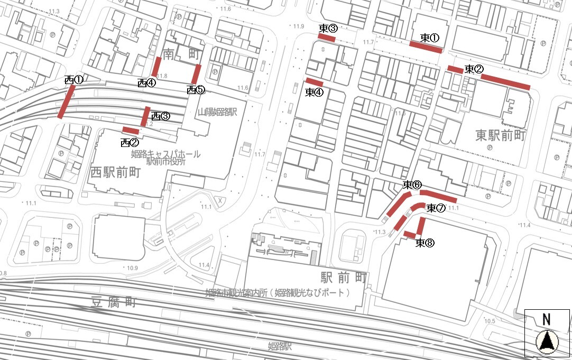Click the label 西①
73,80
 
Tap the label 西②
130,142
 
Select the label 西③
160,116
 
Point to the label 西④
146,82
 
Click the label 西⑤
196,90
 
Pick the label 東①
430,38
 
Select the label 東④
315,92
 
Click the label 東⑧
425,243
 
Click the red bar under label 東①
426,48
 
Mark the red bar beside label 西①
66,102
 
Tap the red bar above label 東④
315,82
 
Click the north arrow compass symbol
547,341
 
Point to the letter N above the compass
546,319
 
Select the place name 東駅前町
500,136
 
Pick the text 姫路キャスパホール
165,154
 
